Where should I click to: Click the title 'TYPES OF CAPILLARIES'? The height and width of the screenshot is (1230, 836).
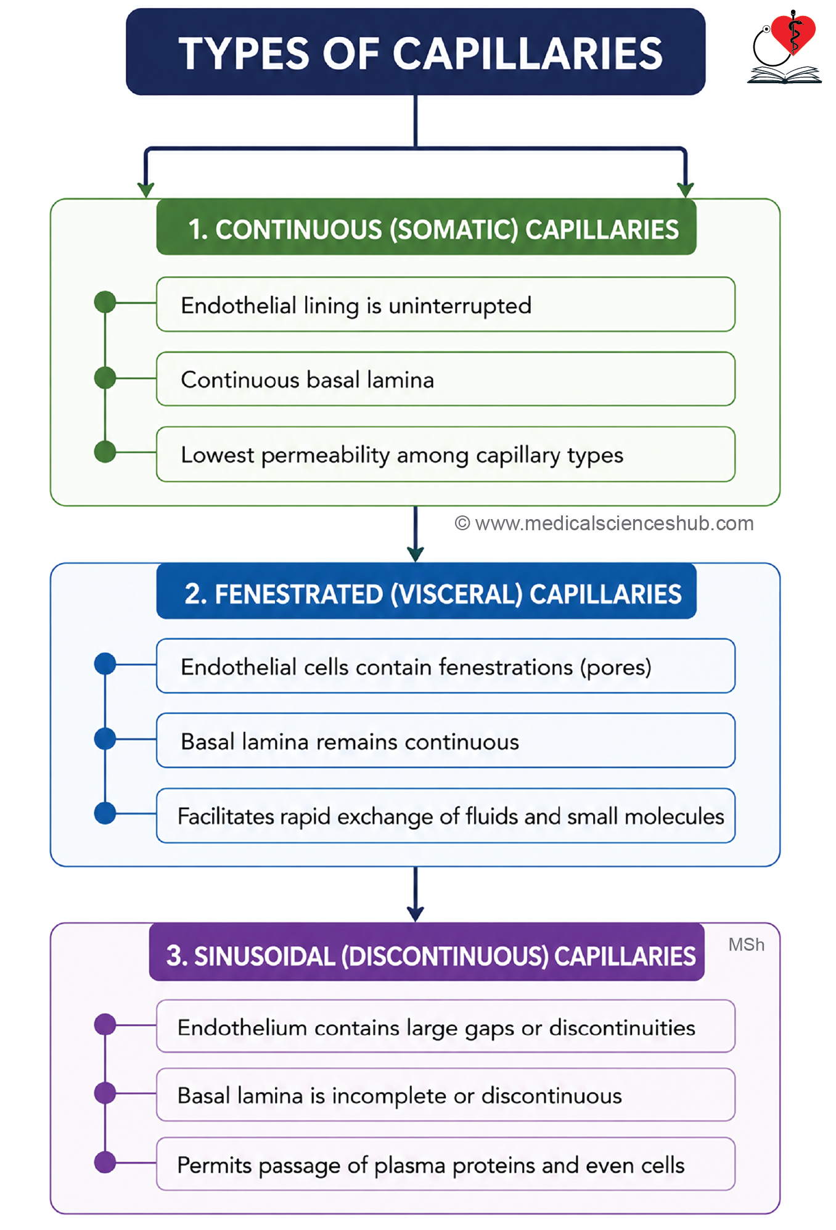point(420,53)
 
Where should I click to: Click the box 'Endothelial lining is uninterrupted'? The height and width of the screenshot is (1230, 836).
point(446,305)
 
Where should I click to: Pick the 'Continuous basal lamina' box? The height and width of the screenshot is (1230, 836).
point(446,379)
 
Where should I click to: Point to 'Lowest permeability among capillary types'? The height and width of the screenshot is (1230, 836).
point(446,454)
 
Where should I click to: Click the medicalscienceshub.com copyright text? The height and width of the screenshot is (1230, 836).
point(604,523)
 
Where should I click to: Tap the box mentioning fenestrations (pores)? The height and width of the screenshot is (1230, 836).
point(446,666)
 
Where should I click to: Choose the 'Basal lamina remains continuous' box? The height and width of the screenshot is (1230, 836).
point(446,740)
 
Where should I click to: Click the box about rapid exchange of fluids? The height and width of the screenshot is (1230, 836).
point(446,816)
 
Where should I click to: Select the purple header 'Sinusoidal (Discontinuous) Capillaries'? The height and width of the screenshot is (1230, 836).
point(427,953)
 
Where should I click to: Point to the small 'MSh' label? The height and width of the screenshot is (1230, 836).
point(746,945)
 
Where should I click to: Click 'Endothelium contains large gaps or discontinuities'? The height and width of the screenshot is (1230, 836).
point(446,1027)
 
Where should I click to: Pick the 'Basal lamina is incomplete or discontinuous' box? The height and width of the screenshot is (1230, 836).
point(446,1095)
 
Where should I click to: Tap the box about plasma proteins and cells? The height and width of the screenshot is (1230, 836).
point(446,1164)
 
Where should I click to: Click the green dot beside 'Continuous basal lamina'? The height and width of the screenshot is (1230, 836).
point(105,378)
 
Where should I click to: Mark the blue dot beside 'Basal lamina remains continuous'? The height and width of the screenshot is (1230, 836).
point(105,739)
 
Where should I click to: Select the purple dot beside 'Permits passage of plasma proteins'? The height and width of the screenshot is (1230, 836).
point(105,1163)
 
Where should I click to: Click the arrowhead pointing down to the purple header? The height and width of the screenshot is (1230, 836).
point(416,914)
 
